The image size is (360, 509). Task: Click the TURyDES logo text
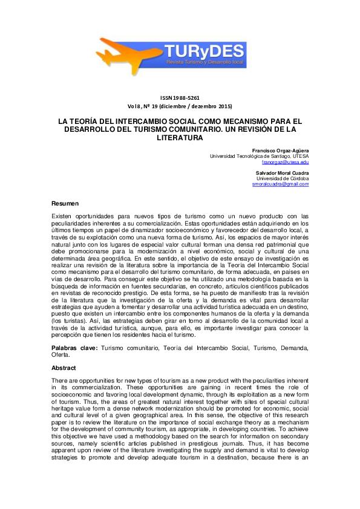(208, 51)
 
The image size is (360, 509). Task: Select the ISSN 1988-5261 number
(180, 97)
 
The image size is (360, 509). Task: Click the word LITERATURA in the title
(180, 138)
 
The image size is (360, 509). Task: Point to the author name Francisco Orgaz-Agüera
(280, 150)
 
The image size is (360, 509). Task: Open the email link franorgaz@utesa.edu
(285, 162)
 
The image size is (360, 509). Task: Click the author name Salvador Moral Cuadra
(283, 173)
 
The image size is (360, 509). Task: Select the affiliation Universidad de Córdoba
(283, 178)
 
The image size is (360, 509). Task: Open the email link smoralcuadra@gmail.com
(280, 184)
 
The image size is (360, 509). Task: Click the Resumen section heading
(65, 203)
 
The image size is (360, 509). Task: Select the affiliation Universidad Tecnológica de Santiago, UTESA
(259, 156)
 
